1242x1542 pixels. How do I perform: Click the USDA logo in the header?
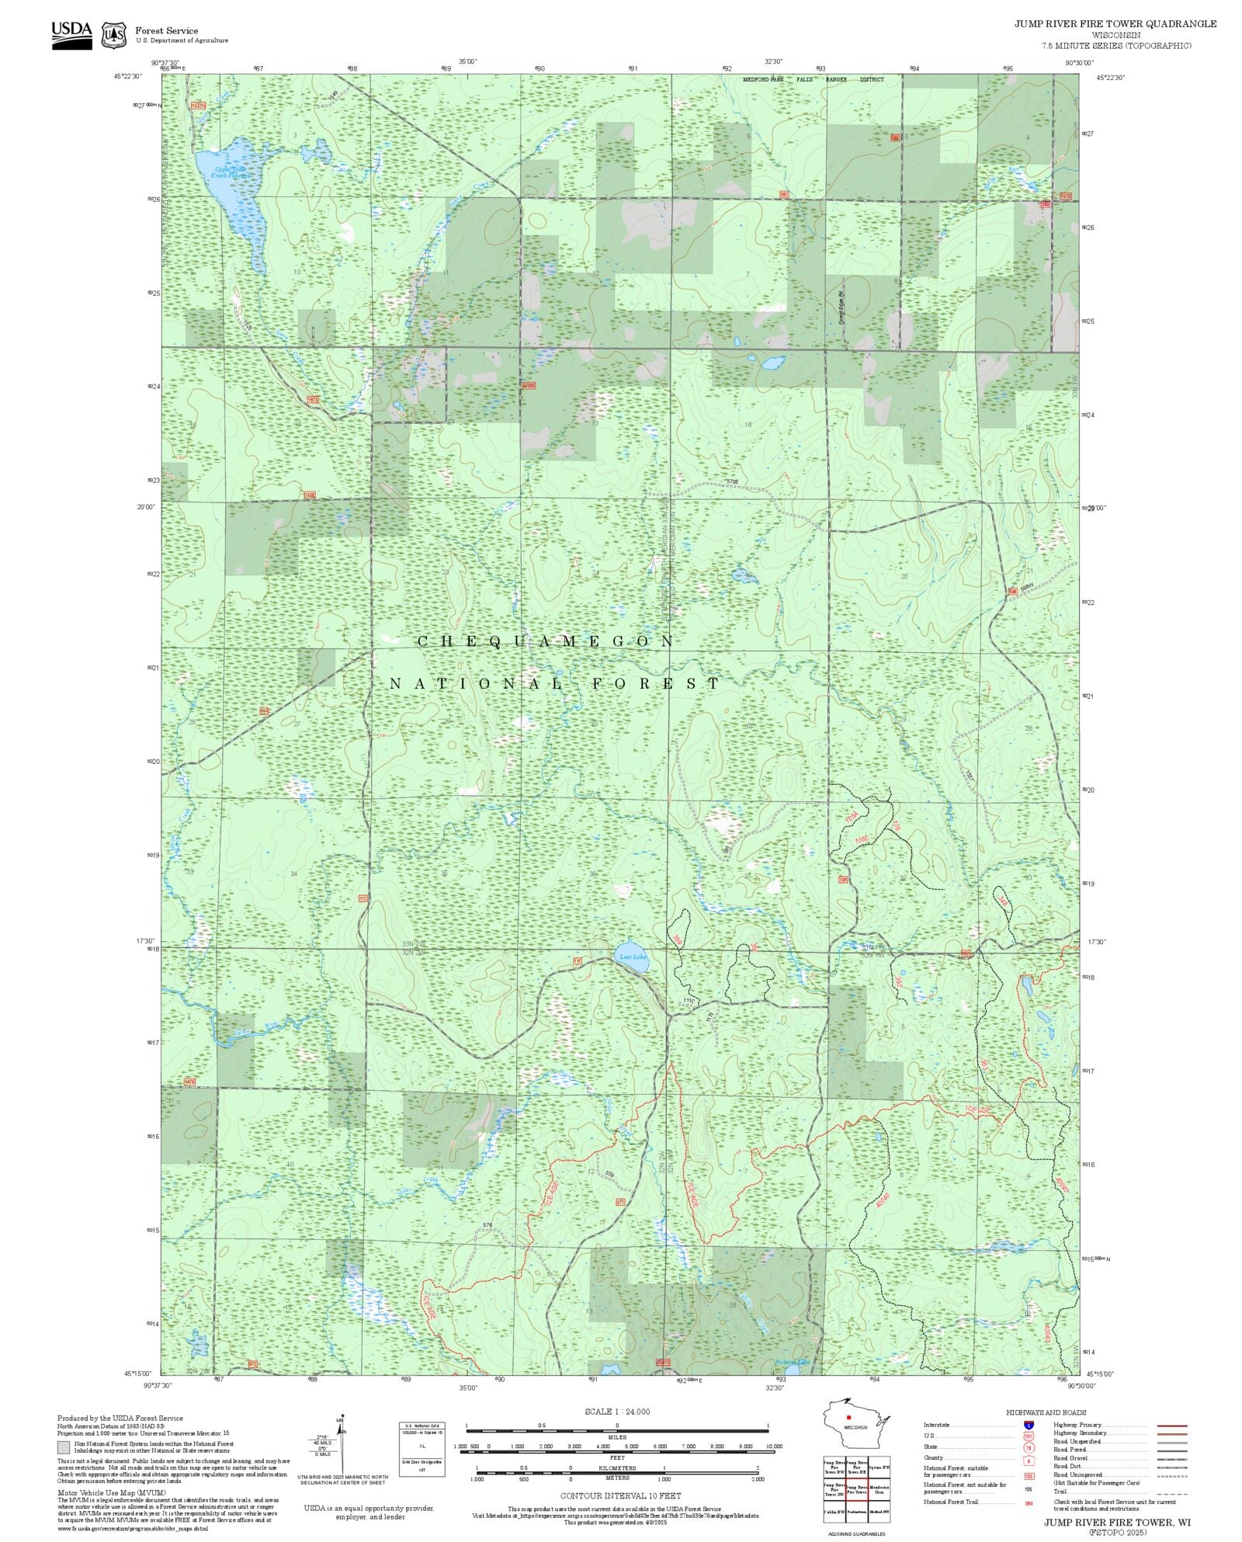point(71,35)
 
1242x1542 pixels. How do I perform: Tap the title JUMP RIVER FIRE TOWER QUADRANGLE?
point(1115,24)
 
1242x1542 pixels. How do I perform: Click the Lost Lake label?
point(633,957)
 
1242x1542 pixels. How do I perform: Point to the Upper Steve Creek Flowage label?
point(231,172)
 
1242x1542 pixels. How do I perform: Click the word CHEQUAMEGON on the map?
point(546,641)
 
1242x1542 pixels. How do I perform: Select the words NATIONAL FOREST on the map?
point(554,684)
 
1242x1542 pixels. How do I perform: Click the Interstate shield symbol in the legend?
point(1029,1426)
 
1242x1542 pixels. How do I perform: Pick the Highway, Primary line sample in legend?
point(1172,1426)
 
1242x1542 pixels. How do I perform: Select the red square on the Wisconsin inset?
point(848,1418)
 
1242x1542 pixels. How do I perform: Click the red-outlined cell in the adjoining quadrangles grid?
point(856,1490)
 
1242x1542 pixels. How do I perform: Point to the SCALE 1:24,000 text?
point(617,1412)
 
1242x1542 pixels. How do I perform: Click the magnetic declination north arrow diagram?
point(342,1448)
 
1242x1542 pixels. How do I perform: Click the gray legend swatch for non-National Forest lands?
point(64,1447)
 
